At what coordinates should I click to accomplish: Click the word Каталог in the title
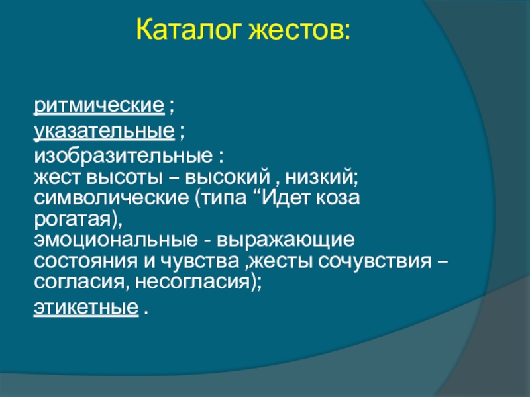[x=189, y=30]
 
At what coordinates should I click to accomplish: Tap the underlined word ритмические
[x=99, y=107]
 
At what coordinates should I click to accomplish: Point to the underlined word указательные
[x=104, y=132]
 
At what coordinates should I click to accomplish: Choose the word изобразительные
[x=123, y=156]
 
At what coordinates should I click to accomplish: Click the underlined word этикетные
[x=86, y=308]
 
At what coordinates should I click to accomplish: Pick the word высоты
[x=125, y=178]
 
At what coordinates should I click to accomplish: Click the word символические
[x=111, y=198]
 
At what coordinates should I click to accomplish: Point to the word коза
[x=338, y=198]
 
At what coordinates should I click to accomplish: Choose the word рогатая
[x=73, y=220]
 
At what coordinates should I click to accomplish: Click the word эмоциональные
[x=116, y=240]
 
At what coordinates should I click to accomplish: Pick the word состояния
[x=86, y=261]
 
